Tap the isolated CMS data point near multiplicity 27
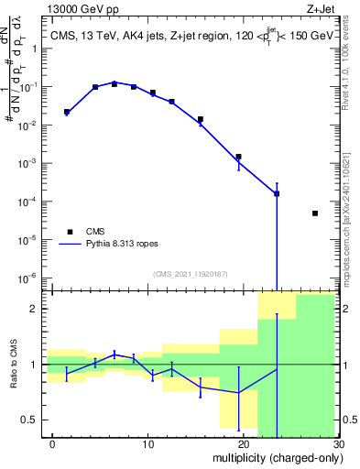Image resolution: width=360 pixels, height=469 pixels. click(x=315, y=213)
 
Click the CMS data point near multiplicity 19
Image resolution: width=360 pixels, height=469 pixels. click(x=238, y=157)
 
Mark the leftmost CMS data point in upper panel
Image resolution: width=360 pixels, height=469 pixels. click(x=67, y=112)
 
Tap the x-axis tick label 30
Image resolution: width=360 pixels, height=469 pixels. click(x=338, y=444)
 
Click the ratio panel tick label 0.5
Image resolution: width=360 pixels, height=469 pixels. click(x=34, y=420)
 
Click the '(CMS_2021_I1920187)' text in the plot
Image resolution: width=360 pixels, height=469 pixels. click(x=192, y=274)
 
